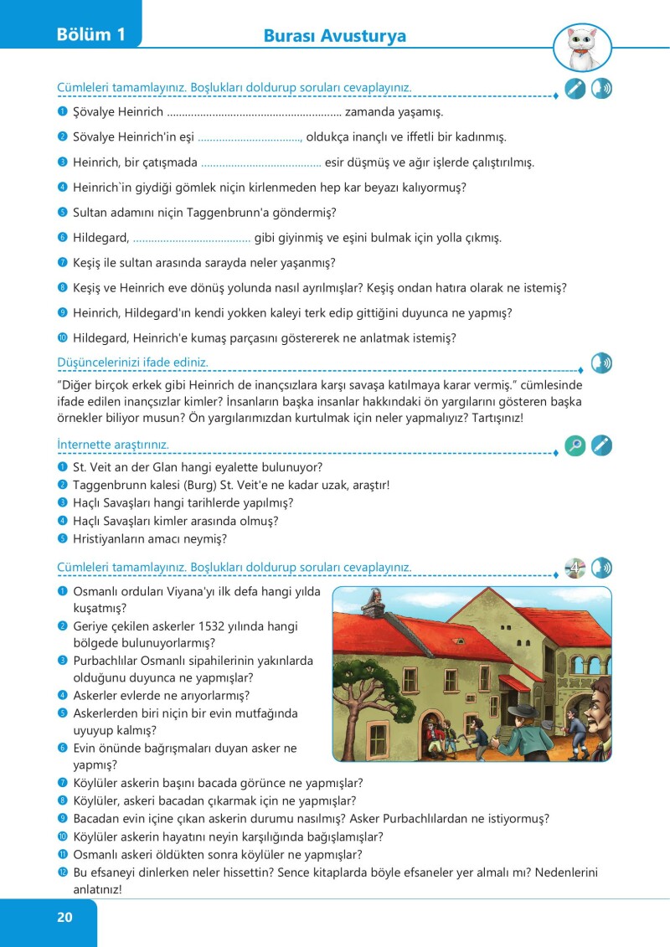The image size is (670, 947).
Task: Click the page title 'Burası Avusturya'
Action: [x=334, y=36]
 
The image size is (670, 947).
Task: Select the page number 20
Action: [x=64, y=917]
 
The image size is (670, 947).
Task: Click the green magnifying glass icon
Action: [x=575, y=445]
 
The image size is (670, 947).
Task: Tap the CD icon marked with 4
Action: [x=575, y=568]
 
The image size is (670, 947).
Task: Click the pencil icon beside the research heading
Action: [x=601, y=445]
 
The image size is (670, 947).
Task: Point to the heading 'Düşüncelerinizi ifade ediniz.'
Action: [x=132, y=363]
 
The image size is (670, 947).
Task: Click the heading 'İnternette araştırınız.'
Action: [x=113, y=443]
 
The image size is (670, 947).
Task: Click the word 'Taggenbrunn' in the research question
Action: [x=110, y=485]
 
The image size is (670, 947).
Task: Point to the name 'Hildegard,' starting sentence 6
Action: [x=100, y=238]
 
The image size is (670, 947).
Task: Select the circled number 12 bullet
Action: [x=62, y=872]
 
